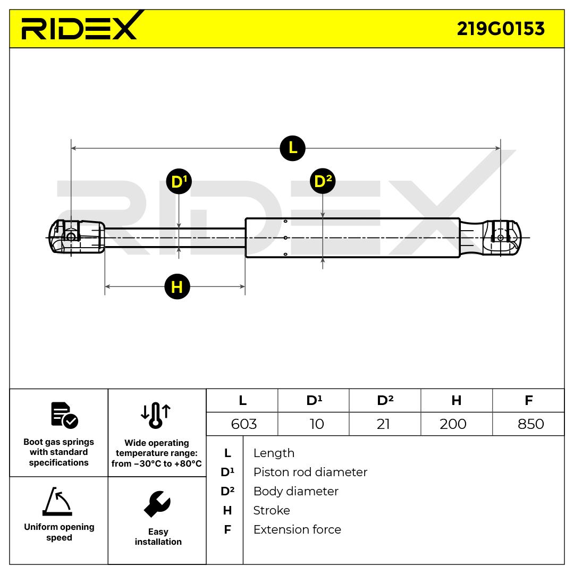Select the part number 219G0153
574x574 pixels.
click(x=501, y=29)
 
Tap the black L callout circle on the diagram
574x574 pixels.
click(x=292, y=148)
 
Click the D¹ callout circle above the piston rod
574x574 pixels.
click(x=179, y=182)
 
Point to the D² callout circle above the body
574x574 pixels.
click(x=323, y=182)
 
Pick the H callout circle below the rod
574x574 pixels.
click(x=177, y=287)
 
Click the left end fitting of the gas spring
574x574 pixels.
click(x=75, y=237)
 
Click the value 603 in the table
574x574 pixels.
click(x=244, y=424)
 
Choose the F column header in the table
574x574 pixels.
click(x=528, y=400)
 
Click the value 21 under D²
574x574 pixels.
click(x=383, y=424)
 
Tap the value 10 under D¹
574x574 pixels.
click(x=317, y=424)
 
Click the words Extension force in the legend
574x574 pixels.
click(x=297, y=529)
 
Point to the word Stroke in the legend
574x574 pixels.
click(x=272, y=510)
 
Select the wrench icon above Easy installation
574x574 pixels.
click(x=157, y=504)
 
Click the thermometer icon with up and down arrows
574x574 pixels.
click(x=156, y=415)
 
